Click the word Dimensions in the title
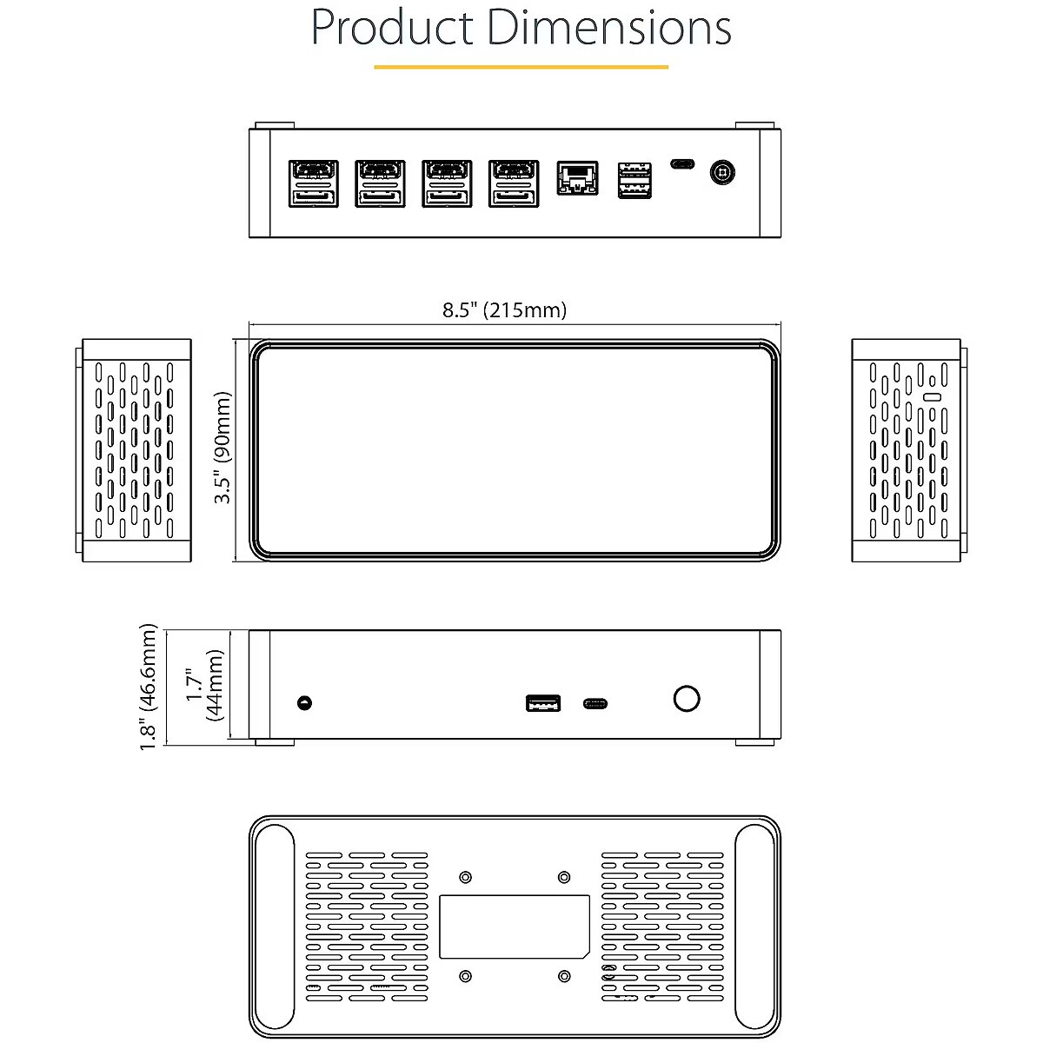coord(609,28)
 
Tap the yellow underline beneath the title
coord(521,66)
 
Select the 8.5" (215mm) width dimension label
coord(504,310)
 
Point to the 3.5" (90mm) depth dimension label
coord(224,447)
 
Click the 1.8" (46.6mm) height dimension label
coord(149,685)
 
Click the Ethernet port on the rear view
coord(577,179)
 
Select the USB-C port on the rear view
coord(682,163)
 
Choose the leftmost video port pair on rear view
coord(313,183)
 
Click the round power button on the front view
coord(687,698)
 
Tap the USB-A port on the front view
coord(542,702)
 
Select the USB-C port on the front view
coord(596,703)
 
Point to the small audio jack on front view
coord(303,702)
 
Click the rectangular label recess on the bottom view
coord(514,927)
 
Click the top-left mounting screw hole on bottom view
coord(465,876)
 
